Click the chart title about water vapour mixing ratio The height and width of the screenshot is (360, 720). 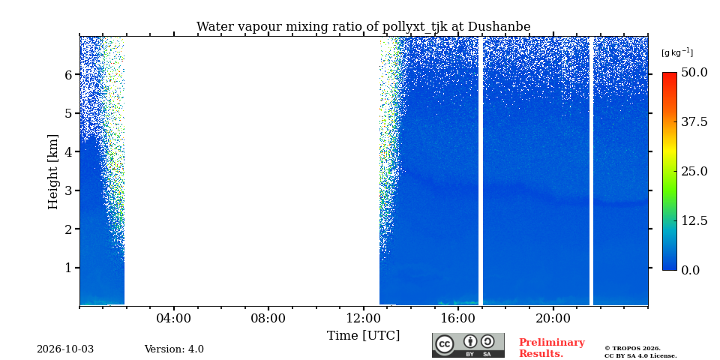pyautogui.click(x=363, y=27)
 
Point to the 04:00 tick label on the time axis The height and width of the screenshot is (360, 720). pyautogui.click(x=174, y=319)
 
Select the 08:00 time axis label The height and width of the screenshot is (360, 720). pyautogui.click(x=268, y=319)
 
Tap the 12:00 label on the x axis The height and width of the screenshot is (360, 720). pyautogui.click(x=364, y=319)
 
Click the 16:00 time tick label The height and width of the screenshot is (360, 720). pyautogui.click(x=458, y=319)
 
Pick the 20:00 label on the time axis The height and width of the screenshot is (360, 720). pyautogui.click(x=553, y=319)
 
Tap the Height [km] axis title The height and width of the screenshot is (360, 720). pyautogui.click(x=53, y=172)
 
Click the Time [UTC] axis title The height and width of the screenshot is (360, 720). pyautogui.click(x=363, y=336)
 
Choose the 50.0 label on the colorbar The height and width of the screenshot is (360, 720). pyautogui.click(x=694, y=73)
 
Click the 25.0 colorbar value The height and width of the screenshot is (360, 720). pyautogui.click(x=694, y=171)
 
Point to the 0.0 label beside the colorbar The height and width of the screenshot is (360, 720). pyautogui.click(x=690, y=270)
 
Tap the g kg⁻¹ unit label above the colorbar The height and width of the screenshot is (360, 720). pyautogui.click(x=676, y=52)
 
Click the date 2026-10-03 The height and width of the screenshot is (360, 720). pyautogui.click(x=65, y=349)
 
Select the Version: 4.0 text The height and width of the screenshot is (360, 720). pyautogui.click(x=174, y=349)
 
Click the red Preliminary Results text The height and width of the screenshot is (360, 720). pyautogui.click(x=552, y=348)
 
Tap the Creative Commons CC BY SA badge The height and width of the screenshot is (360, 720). pyautogui.click(x=468, y=345)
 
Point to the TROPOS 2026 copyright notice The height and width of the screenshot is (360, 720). pyautogui.click(x=640, y=352)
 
